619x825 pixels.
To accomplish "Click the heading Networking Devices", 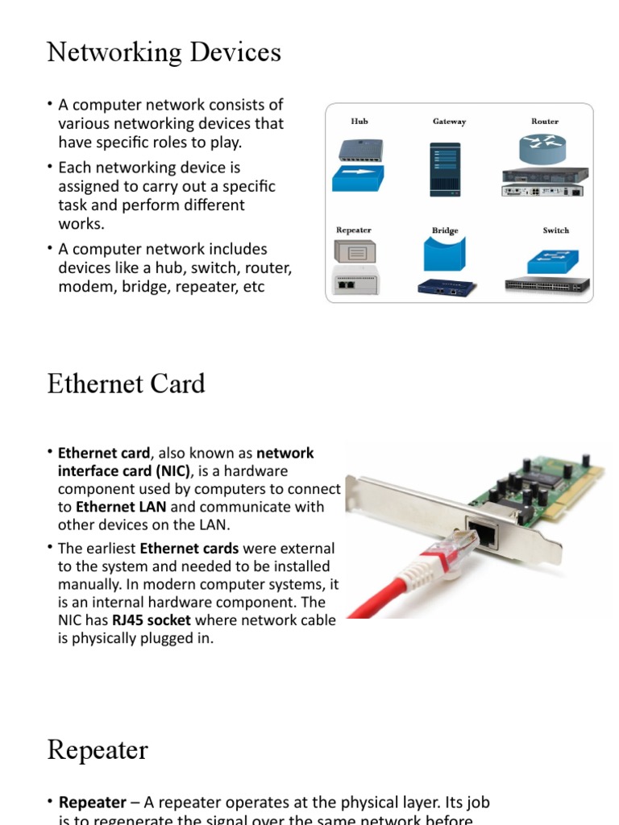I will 164,52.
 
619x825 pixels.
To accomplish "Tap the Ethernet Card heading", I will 127,383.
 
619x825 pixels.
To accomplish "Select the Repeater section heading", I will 98,750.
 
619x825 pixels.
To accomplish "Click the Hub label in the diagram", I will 359,122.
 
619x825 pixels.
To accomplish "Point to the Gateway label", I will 449,122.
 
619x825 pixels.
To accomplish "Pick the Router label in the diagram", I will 545,122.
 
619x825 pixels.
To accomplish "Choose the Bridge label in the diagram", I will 445,231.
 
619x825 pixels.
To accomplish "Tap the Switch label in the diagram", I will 555,230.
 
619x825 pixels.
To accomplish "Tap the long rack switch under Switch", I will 547,284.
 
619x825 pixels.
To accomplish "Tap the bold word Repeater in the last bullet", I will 93,802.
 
